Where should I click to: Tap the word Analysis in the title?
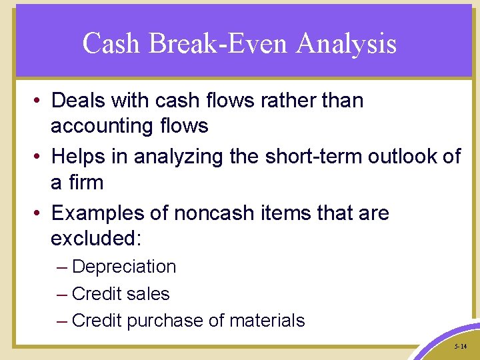point(347,44)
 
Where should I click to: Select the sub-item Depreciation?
point(124,267)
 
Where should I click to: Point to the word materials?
point(267,321)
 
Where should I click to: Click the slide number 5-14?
point(459,347)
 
